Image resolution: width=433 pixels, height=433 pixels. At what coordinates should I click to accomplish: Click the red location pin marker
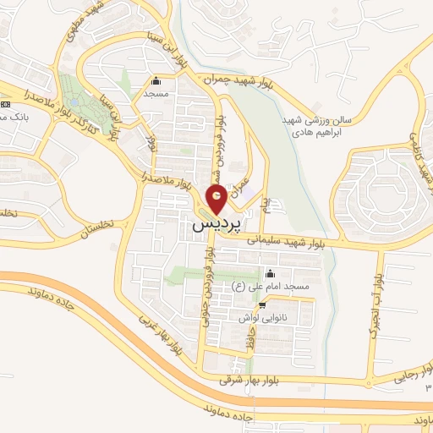tap(216, 200)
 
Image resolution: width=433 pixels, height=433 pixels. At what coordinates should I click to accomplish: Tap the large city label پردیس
tap(216, 226)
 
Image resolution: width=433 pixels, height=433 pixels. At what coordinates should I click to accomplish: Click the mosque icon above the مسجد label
tap(156, 82)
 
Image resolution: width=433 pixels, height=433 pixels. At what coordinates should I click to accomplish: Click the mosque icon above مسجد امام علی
tap(270, 273)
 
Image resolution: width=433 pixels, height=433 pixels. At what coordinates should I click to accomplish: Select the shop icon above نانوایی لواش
tap(262, 305)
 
